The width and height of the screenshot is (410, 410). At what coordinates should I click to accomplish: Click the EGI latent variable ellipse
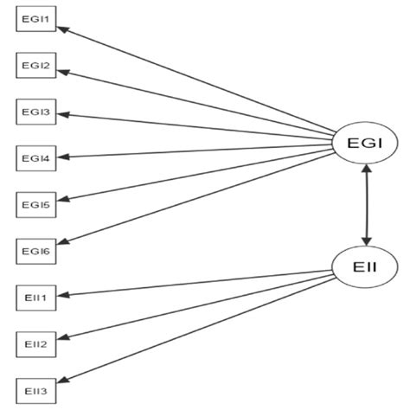click(x=365, y=142)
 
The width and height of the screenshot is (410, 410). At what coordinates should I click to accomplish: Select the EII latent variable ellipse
click(x=365, y=267)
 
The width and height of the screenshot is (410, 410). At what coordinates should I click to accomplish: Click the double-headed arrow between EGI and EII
click(x=367, y=204)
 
